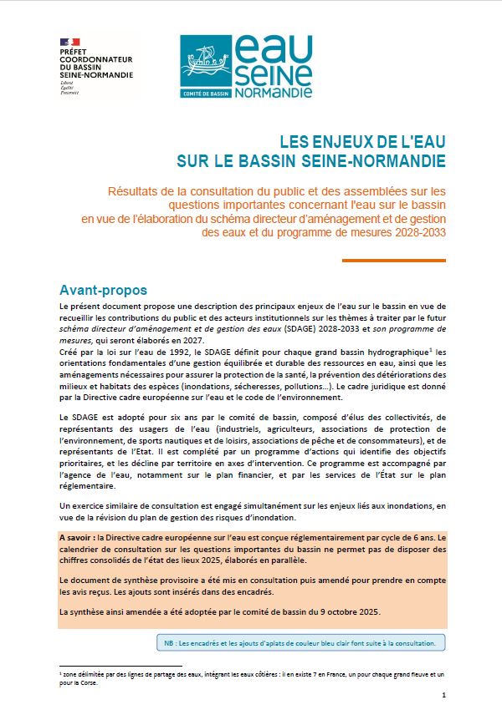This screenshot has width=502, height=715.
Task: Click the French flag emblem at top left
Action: [x=69, y=42]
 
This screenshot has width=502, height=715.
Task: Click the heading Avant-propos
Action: [x=103, y=290]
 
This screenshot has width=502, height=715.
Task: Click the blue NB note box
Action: [x=300, y=642]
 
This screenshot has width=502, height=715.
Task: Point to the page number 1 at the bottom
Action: [x=443, y=695]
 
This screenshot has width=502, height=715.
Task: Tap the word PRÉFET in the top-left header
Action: [x=73, y=53]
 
